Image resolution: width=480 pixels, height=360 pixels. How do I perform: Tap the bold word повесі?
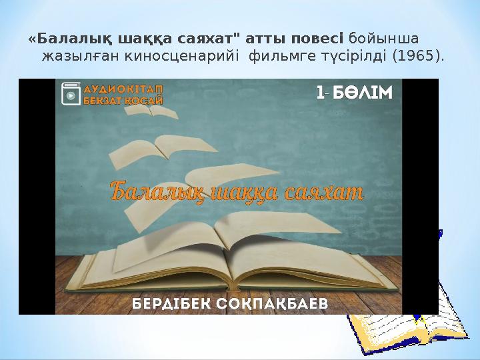pos(318,38)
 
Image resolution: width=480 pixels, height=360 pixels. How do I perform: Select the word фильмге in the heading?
pos(277,55)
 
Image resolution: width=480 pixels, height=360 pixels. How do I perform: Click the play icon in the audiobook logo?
pos(69,95)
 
